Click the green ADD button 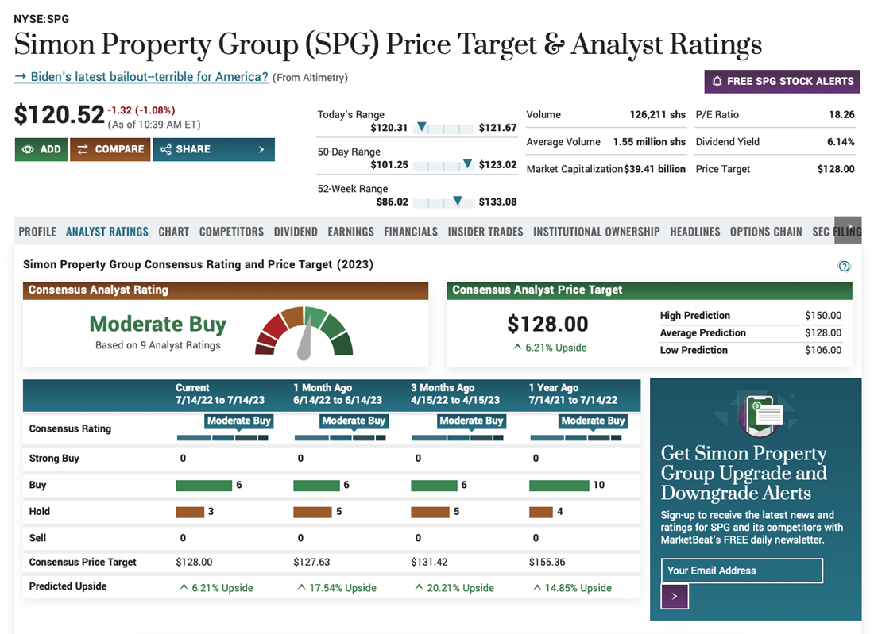click(41, 149)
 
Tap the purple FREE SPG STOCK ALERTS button click(782, 81)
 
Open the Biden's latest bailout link click(141, 77)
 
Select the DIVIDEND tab click(296, 232)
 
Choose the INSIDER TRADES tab click(485, 232)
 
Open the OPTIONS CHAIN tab click(766, 232)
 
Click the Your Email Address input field click(741, 571)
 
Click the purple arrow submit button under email click(675, 596)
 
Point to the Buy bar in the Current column click(203, 485)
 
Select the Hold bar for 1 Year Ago click(540, 512)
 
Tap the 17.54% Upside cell click(337, 588)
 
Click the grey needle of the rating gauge click(304, 340)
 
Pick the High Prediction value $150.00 click(822, 315)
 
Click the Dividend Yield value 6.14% click(841, 142)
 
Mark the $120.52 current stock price click(60, 115)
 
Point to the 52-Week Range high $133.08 click(497, 202)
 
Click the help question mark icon click(845, 267)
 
